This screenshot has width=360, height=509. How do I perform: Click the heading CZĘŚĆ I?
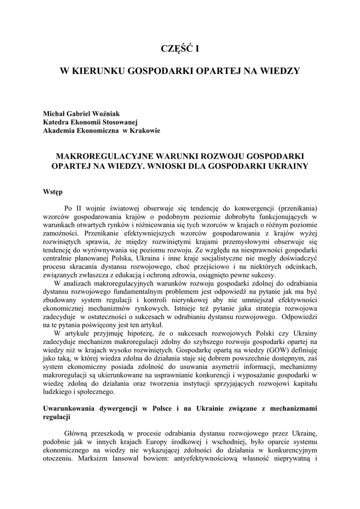[x=180, y=48]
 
